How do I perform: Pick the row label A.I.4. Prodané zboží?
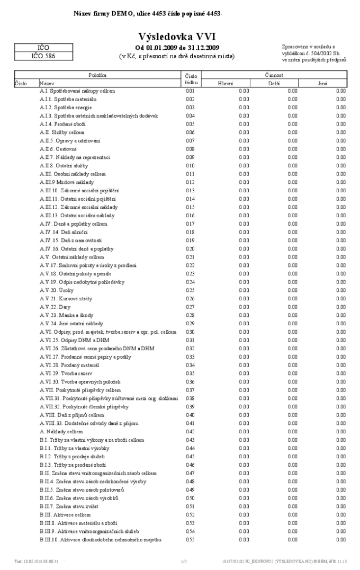tap(59, 124)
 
